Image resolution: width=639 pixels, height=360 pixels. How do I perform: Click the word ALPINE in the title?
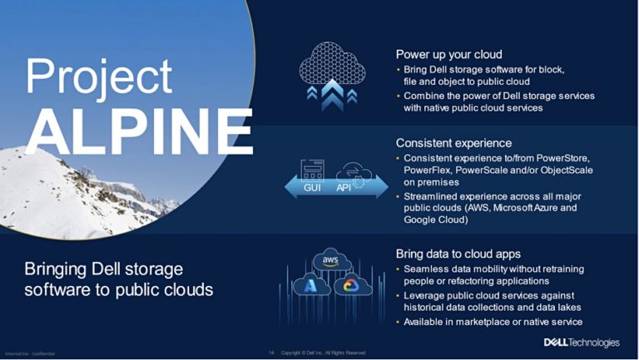(137, 131)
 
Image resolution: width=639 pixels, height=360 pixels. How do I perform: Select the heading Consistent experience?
(453, 143)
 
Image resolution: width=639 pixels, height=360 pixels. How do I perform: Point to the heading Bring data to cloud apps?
(458, 254)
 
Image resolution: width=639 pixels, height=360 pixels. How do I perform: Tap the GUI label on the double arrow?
(312, 188)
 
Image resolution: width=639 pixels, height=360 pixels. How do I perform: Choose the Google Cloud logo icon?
(350, 285)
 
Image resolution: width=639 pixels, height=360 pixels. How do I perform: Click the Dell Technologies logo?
(582, 342)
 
